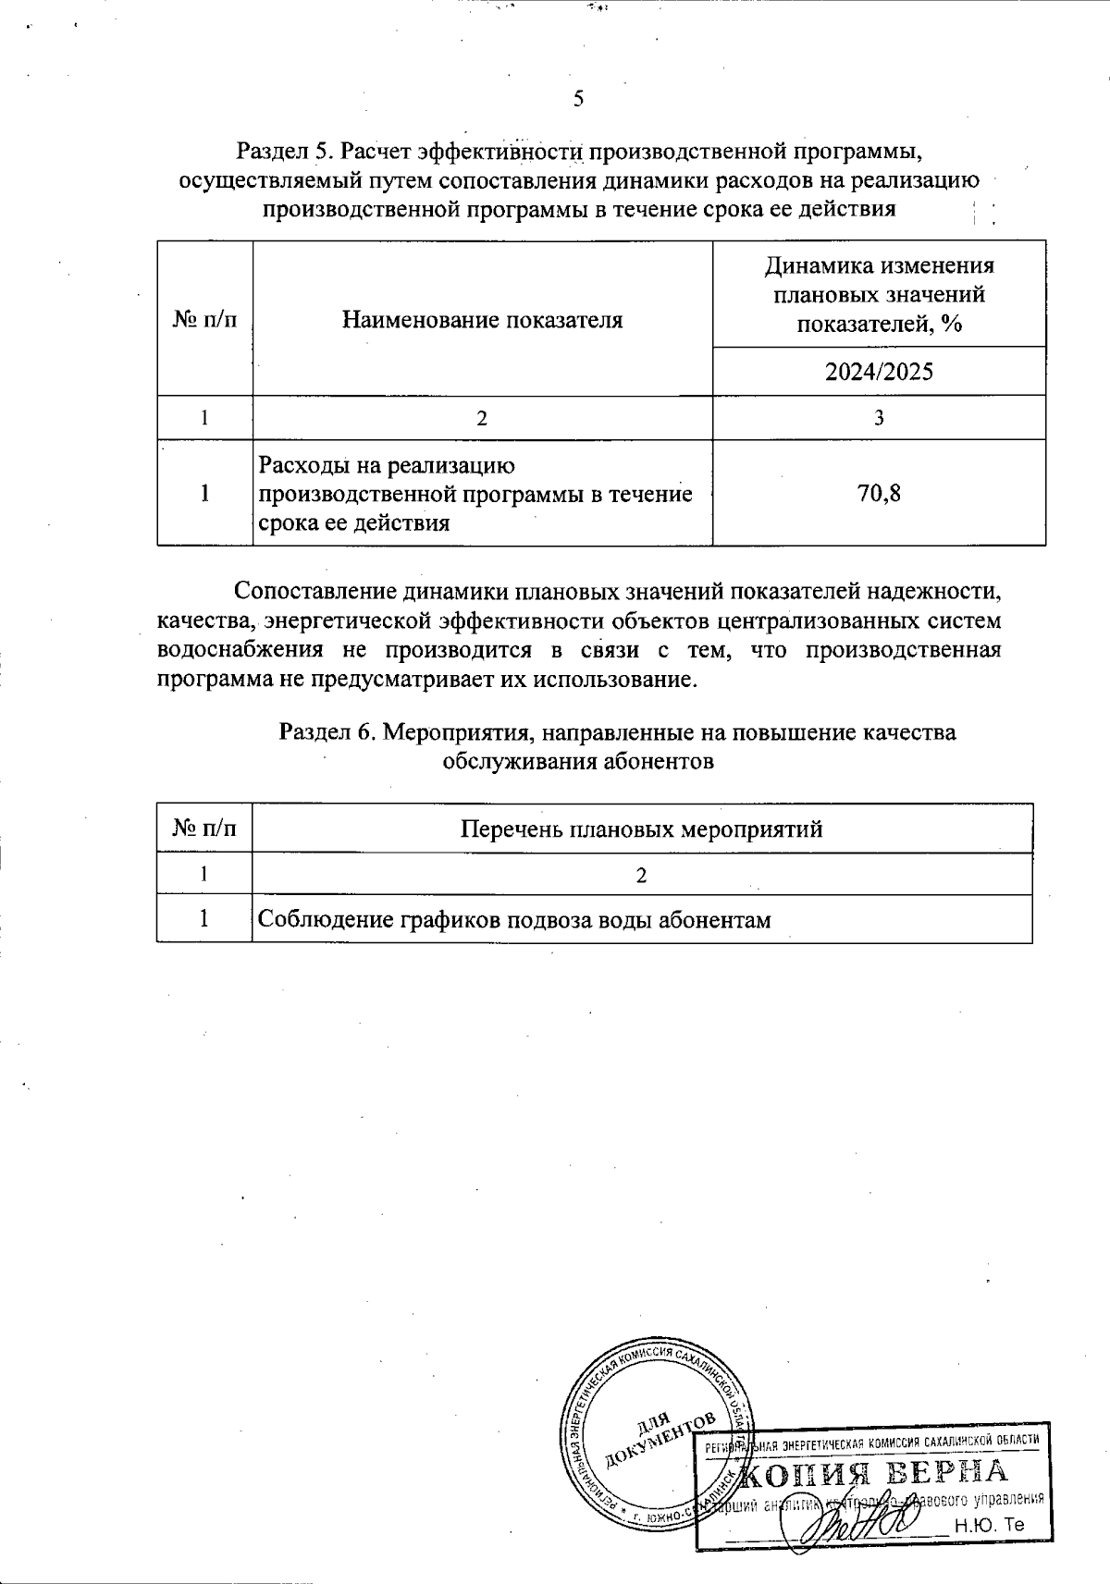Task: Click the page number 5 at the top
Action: [578, 99]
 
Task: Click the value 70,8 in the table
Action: [879, 493]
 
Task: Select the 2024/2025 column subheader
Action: [879, 372]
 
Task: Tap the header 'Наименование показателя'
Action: [482, 320]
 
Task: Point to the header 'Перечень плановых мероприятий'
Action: [641, 829]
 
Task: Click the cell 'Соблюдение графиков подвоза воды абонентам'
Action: [513, 920]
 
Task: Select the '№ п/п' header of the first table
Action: [204, 320]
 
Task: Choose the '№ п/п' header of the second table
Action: [204, 829]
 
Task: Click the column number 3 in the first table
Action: [879, 418]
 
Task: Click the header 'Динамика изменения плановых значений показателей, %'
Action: [879, 294]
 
